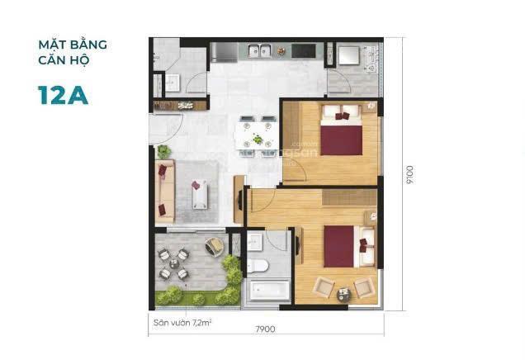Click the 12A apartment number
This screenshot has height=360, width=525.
tap(63, 93)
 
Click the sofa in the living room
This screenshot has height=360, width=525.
tap(163, 190)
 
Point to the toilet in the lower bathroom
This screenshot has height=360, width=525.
tap(257, 265)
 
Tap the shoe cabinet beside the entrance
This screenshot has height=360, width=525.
tap(176, 105)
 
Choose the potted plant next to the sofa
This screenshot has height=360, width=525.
tap(164, 151)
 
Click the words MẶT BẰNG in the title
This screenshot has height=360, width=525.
tap(72, 44)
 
